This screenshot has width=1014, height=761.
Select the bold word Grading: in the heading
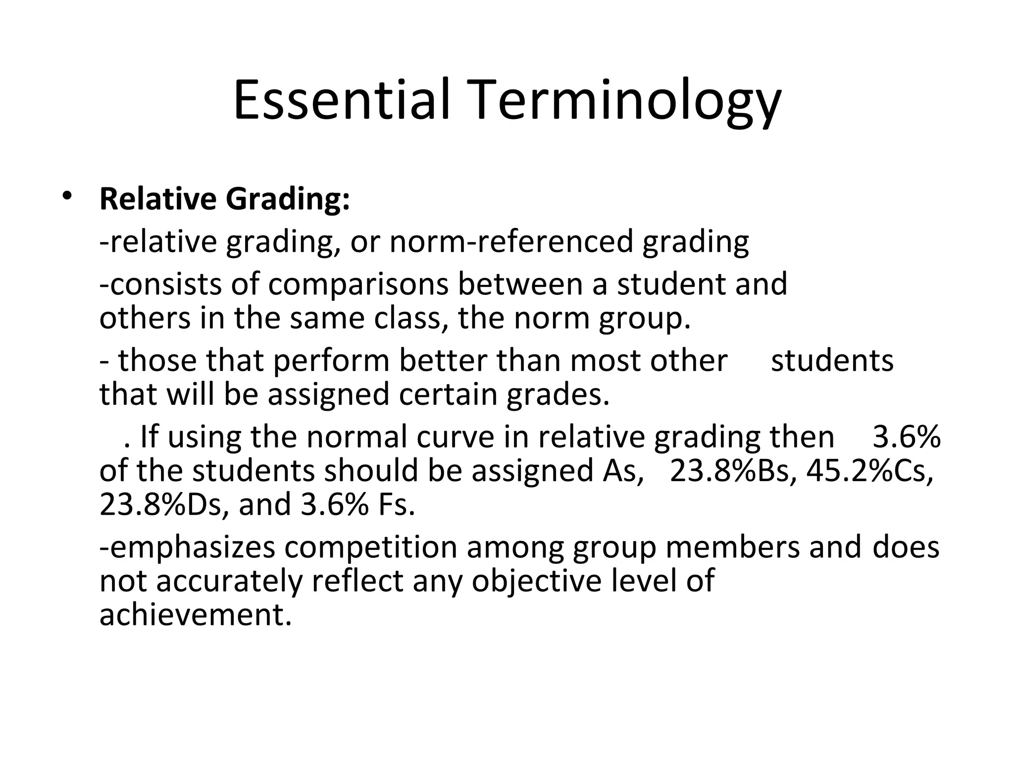pyautogui.click(x=288, y=200)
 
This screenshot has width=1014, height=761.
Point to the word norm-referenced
pyautogui.click(x=511, y=242)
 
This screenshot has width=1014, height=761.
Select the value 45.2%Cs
pyautogui.click(x=869, y=471)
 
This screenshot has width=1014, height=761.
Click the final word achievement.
pyautogui.click(x=196, y=615)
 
